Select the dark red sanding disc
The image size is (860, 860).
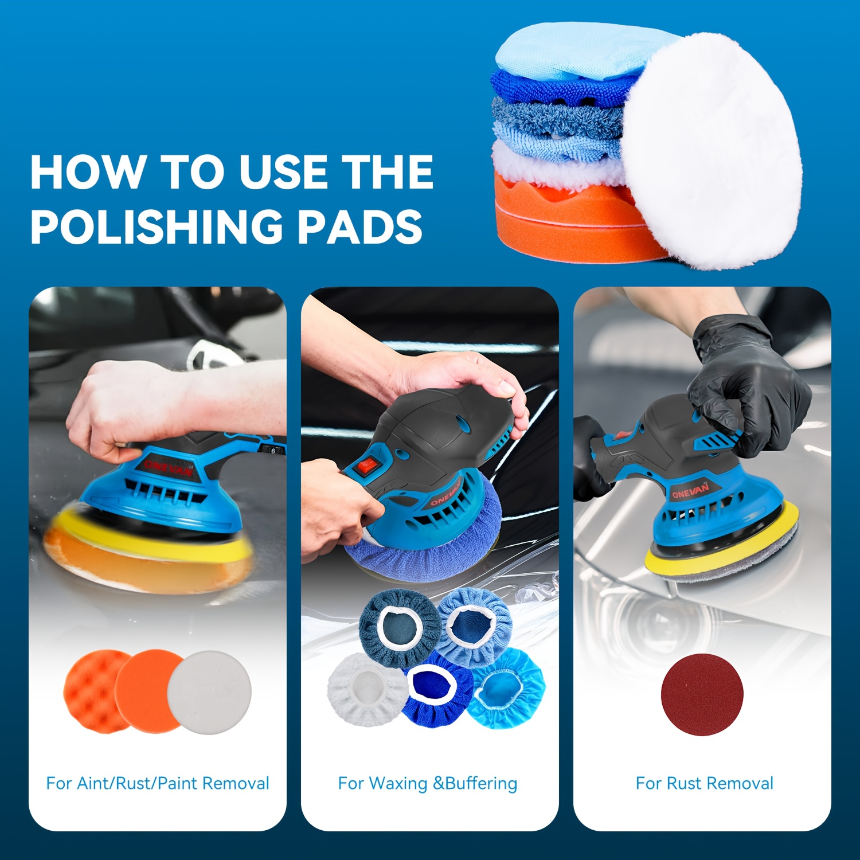tap(702, 694)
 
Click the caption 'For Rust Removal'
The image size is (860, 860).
tap(705, 783)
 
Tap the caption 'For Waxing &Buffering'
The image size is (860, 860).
tap(428, 784)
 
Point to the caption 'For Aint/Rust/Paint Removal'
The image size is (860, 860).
tap(158, 783)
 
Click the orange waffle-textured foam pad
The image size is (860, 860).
tap(92, 691)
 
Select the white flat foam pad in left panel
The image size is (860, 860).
tap(210, 692)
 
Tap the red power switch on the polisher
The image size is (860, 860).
tap(365, 465)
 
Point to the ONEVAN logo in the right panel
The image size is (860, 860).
tap(690, 491)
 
